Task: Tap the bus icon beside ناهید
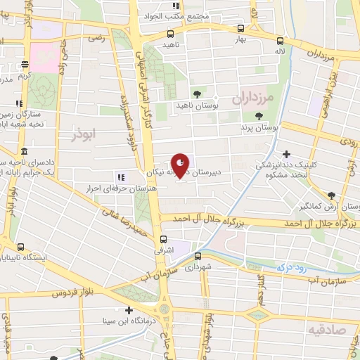(x=171, y=34)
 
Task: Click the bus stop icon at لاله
(x=281, y=40)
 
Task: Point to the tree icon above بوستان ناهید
(x=197, y=94)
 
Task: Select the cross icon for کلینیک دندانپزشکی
(x=285, y=154)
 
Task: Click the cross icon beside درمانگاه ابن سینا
(x=128, y=310)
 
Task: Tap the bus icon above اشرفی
(x=164, y=238)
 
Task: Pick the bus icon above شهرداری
(x=198, y=256)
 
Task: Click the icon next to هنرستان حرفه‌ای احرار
(x=121, y=176)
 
